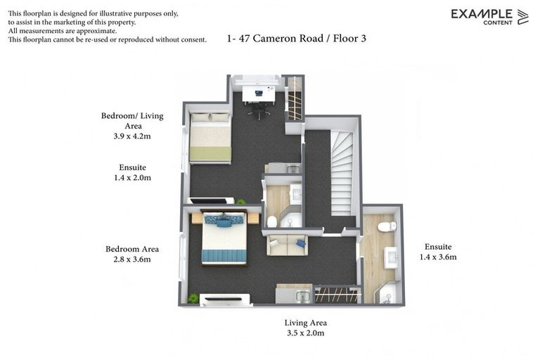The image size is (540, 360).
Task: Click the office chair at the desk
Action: point(259,110)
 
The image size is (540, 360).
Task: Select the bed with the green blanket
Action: point(210,138)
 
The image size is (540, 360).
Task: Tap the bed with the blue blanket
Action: point(224,239)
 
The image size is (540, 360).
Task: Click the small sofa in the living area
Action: point(287,245)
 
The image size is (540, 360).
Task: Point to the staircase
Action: point(341,172)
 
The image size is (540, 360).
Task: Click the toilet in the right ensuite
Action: point(386,227)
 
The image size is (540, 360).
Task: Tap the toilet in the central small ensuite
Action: point(272,221)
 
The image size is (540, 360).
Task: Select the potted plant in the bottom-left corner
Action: point(193,298)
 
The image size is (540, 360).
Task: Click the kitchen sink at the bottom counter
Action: point(302,296)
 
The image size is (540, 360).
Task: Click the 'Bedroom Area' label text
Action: point(132,249)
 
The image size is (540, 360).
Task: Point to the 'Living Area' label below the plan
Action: point(305,323)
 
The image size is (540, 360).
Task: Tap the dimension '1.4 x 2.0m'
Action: point(132,178)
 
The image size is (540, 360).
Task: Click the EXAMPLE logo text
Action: point(482,13)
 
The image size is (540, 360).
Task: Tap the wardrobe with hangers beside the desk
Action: point(295,99)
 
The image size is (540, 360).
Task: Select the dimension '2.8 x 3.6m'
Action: point(131,259)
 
